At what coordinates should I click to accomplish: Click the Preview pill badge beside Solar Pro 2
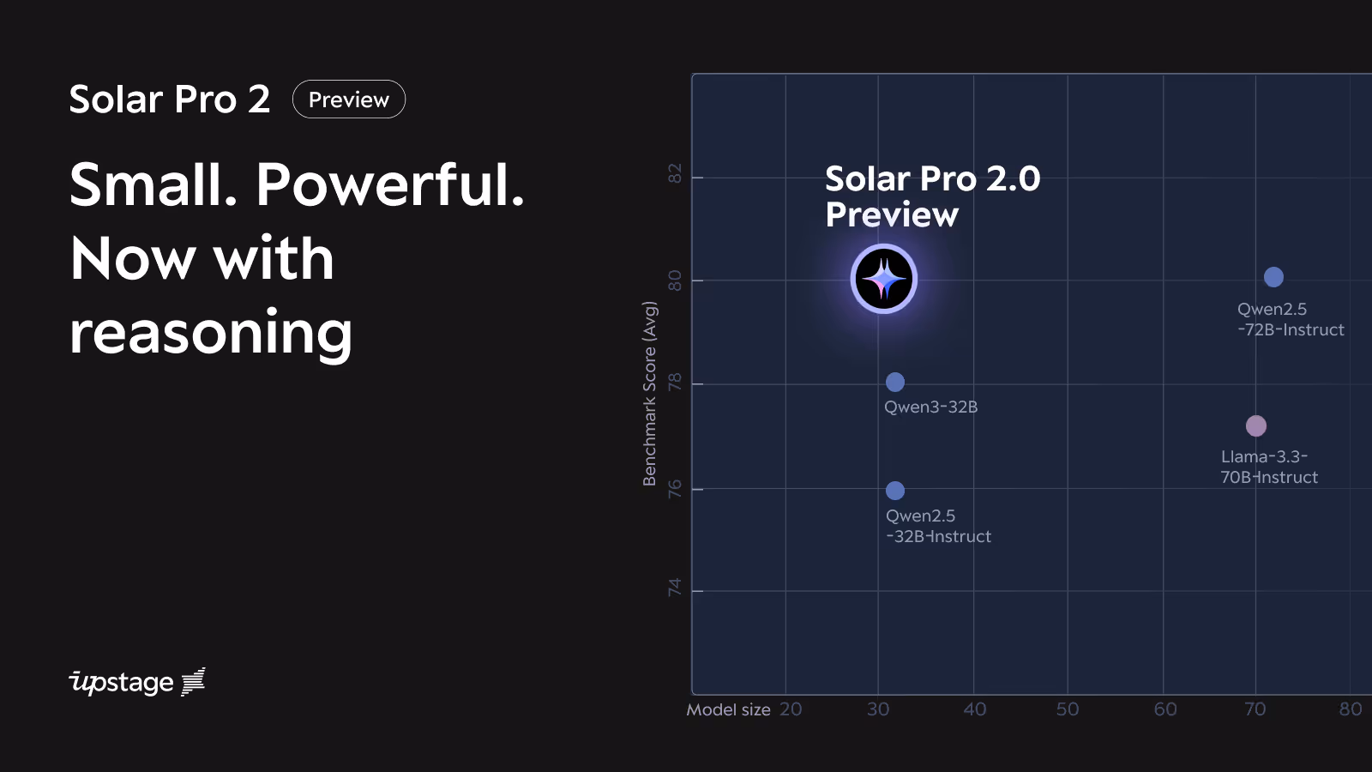[x=348, y=100]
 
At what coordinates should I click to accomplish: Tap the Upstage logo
[x=137, y=682]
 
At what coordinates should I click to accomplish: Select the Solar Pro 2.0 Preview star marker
[x=884, y=279]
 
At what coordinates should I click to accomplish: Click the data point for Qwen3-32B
[x=894, y=382]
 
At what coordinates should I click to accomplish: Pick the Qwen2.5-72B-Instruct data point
[x=1273, y=277]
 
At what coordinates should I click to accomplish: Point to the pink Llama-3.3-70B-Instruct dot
[x=1255, y=425]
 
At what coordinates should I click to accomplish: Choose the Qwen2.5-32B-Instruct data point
[x=894, y=491]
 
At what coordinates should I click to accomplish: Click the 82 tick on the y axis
[x=675, y=173]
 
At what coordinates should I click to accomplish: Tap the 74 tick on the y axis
[x=675, y=588]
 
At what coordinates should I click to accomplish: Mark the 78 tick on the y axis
[x=675, y=382]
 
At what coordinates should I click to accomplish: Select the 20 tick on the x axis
[x=791, y=709]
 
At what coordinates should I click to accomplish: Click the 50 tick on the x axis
[x=1068, y=709]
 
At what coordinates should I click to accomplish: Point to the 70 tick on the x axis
[x=1255, y=709]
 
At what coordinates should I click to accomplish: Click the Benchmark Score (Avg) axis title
[x=650, y=394]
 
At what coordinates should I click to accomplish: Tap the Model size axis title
[x=728, y=709]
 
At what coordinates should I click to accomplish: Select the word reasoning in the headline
[x=211, y=333]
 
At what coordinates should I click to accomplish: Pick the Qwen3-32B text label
[x=930, y=407]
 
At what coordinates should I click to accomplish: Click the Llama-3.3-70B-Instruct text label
[x=1269, y=467]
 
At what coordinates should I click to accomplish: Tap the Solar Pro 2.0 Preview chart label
[x=932, y=196]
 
